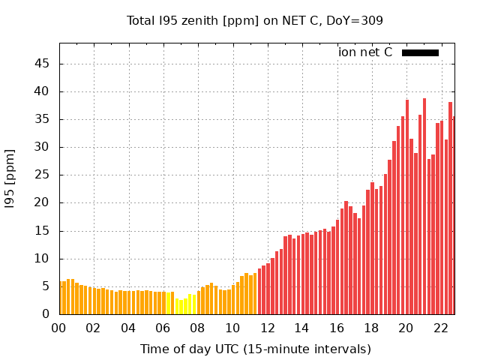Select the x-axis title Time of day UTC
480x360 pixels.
tap(256, 349)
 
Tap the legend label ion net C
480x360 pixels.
tap(365, 52)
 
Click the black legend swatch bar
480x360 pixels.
tap(420, 52)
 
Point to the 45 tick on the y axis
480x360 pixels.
tap(42, 64)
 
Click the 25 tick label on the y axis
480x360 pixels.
tap(42, 175)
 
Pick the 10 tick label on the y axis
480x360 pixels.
tap(42, 259)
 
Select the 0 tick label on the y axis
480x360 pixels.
tap(46, 314)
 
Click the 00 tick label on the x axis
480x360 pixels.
tap(58, 328)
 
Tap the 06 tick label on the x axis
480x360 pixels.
tap(163, 328)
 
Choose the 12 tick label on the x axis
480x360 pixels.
tap(267, 328)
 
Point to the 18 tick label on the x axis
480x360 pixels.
tap(371, 328)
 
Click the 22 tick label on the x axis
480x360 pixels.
tap(441, 328)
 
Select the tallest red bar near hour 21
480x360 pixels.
tap(424, 206)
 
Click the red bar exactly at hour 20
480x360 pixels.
tap(407, 207)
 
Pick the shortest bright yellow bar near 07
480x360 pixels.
tap(181, 307)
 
